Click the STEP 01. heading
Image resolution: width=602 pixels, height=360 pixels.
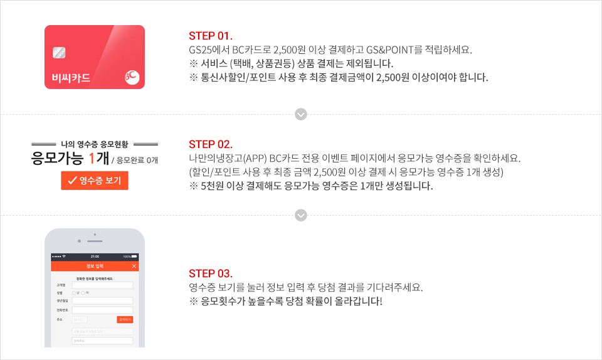click(x=211, y=35)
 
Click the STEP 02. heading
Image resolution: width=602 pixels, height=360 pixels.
click(x=211, y=144)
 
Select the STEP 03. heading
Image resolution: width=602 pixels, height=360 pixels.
click(x=211, y=273)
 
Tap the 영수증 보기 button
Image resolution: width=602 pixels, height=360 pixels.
click(x=95, y=181)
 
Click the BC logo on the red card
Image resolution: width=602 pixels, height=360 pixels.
click(x=132, y=77)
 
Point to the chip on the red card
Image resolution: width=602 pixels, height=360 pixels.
click(x=59, y=53)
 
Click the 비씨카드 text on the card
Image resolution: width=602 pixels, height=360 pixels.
click(x=71, y=78)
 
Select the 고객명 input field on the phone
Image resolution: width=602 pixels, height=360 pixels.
click(x=102, y=285)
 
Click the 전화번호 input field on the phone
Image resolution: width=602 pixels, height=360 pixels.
click(x=102, y=309)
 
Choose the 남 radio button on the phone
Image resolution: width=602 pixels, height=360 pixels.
click(x=74, y=293)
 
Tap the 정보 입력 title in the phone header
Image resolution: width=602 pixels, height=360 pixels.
click(x=95, y=267)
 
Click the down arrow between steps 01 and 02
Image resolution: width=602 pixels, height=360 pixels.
click(x=301, y=114)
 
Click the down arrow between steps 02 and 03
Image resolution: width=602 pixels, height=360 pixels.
click(x=301, y=215)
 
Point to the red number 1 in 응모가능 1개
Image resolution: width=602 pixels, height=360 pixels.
click(x=92, y=159)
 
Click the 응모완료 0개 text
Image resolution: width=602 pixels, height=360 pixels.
click(x=138, y=161)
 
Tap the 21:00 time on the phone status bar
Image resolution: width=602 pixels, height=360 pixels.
click(x=95, y=257)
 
